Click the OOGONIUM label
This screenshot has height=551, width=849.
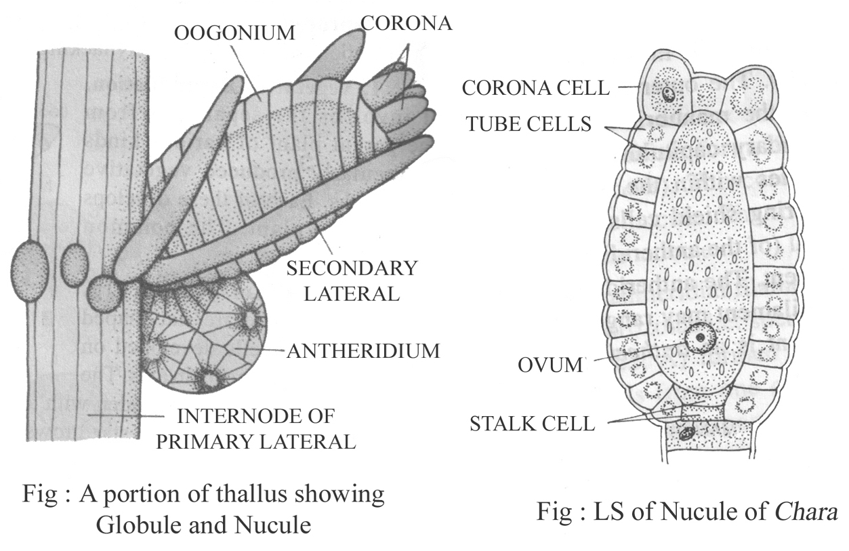tap(234, 33)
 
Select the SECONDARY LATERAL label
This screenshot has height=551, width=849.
tap(352, 281)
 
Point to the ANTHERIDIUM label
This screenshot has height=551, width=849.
tap(363, 351)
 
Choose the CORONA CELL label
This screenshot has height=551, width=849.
tap(535, 87)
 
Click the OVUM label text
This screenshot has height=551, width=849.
tap(551, 365)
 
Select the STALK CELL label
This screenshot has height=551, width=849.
tap(533, 425)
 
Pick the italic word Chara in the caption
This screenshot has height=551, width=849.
tap(810, 511)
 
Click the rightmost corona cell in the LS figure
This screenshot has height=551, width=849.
tap(751, 94)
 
